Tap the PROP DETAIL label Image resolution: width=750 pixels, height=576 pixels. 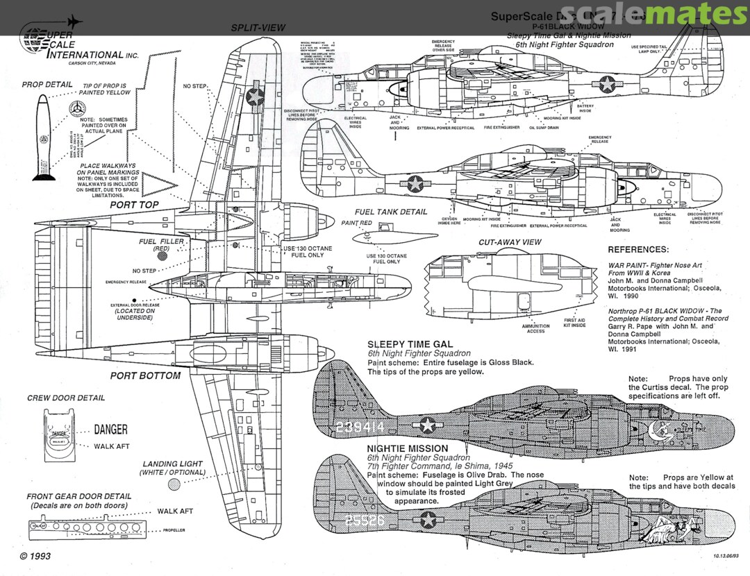47,85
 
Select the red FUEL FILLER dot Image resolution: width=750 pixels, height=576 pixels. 162,255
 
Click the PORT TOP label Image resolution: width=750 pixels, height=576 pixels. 134,205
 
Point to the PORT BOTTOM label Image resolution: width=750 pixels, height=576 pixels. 145,375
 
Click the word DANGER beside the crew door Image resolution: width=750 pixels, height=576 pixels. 110,430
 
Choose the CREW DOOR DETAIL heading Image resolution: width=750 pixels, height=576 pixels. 66,398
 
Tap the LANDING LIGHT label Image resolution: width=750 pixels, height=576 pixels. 173,464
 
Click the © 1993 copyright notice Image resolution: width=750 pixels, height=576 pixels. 35,557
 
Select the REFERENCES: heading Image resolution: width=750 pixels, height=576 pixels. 638,249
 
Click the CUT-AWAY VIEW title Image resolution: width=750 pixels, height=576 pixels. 510,242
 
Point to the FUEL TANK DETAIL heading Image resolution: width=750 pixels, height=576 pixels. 391,212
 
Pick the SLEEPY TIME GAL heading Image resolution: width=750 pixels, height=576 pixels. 410,344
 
